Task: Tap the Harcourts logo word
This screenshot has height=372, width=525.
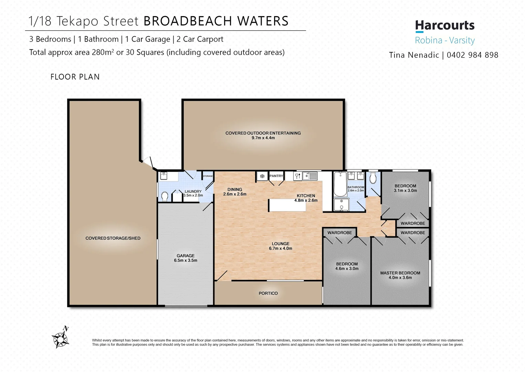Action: [x=445, y=25]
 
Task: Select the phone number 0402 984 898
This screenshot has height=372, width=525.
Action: [x=472, y=55]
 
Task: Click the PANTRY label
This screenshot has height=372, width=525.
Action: [x=276, y=176]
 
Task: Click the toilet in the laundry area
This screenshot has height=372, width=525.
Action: [x=165, y=196]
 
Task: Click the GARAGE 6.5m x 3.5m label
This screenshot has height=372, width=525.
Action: [x=186, y=258]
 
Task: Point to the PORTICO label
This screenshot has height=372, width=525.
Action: [x=268, y=293]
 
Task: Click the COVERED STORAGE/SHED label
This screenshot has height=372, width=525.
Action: [x=113, y=238]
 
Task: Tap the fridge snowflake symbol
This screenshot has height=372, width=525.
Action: [x=262, y=176]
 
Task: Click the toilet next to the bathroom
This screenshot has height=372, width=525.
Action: [x=373, y=179]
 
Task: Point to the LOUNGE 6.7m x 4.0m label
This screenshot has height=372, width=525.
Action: [x=281, y=246]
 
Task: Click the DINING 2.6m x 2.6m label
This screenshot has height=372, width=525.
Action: [x=235, y=192]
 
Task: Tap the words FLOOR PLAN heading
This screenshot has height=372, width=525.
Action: [x=75, y=77]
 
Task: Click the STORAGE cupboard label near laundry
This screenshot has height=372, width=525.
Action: [x=208, y=176]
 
